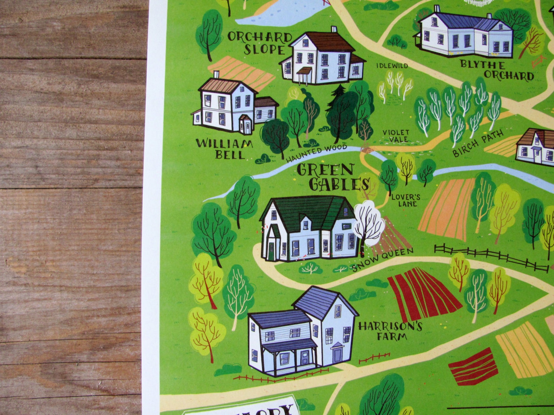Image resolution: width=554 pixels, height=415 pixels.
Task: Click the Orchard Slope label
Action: [260, 44]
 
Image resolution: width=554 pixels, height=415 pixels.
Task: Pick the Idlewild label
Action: [392, 66]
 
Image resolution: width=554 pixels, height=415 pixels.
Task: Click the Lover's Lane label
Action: [405, 200]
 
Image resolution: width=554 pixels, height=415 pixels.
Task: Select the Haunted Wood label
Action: [316, 154]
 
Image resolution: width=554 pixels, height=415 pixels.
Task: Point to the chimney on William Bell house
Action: [216, 74]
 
